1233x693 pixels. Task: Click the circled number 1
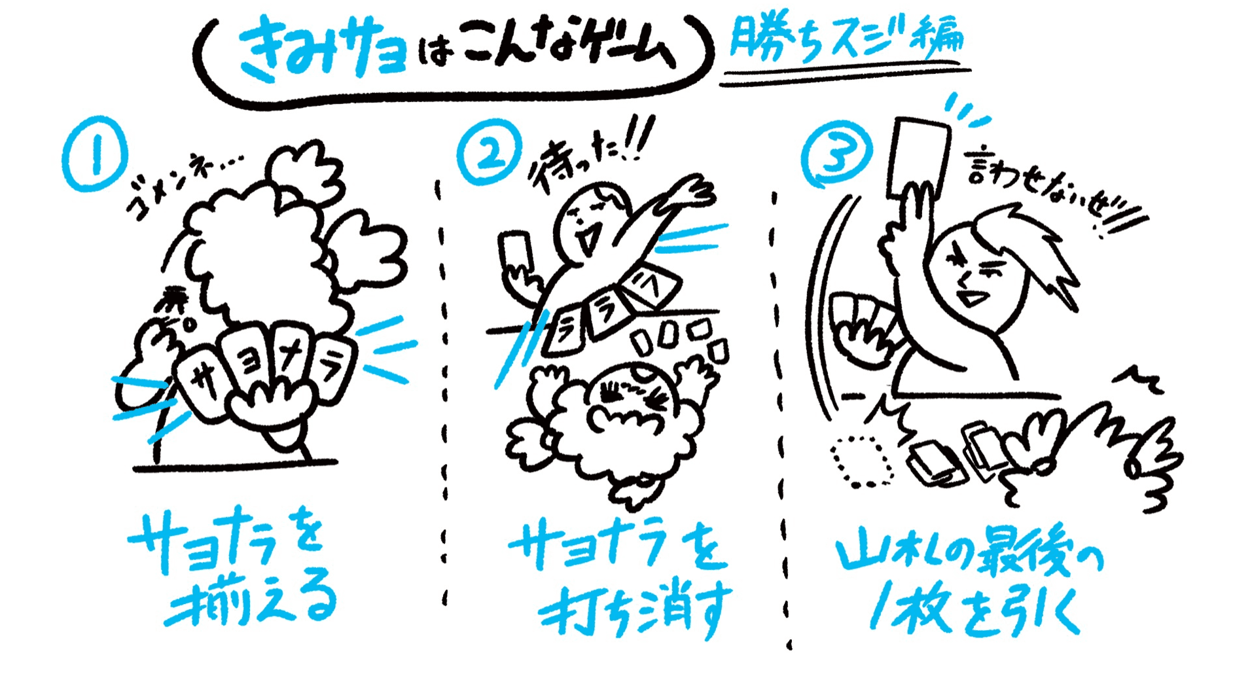pyautogui.click(x=95, y=154)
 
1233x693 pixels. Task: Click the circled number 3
pyautogui.click(x=836, y=155)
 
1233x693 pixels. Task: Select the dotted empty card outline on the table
pyautogui.click(x=863, y=461)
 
